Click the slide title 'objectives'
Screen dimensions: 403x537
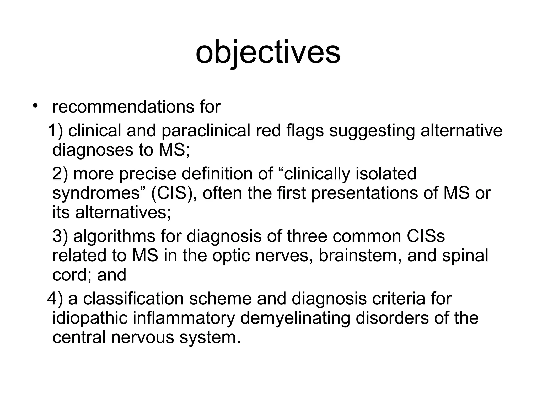point(268,52)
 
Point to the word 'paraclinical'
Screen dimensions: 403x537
point(206,131)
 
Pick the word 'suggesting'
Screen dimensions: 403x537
point(372,131)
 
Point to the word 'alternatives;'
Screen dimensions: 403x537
point(123,212)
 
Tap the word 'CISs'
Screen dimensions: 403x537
point(426,236)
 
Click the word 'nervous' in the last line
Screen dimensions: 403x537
point(143,337)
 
